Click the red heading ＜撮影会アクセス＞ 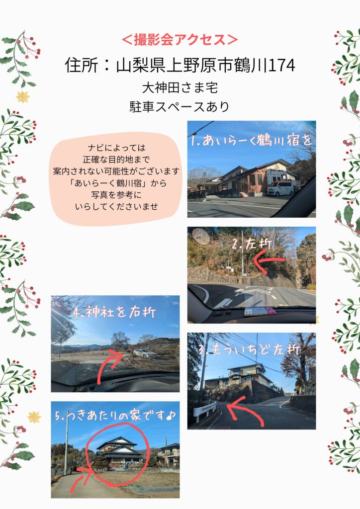point(180,40)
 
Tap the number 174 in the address point(281,65)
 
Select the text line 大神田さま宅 point(180,87)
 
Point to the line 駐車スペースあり point(180,106)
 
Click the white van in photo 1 point(281,188)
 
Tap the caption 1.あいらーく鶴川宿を point(251,141)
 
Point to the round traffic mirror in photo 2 point(201,236)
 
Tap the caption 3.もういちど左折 point(249,349)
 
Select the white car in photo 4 point(145,353)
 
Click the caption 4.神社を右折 point(114,312)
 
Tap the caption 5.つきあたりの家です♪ point(115,416)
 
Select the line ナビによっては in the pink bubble point(116,148)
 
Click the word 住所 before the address point(81,65)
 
